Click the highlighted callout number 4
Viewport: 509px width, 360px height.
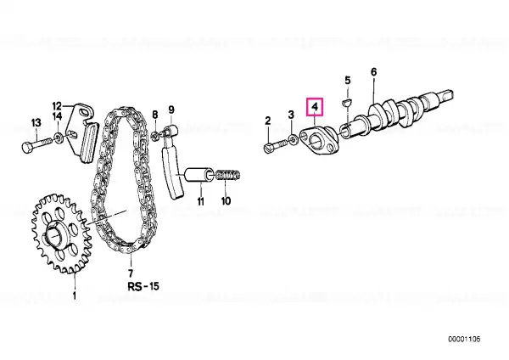tap(315, 107)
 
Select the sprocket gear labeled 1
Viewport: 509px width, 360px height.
tap(61, 233)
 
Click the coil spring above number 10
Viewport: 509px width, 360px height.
tap(228, 176)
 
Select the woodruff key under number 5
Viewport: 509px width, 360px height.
tap(347, 103)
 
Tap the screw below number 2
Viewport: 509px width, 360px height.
tap(276, 147)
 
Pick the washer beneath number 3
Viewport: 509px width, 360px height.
tap(294, 140)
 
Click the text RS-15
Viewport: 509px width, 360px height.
tap(143, 286)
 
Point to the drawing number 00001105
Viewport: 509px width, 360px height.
tap(464, 340)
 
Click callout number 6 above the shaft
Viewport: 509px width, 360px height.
tap(373, 72)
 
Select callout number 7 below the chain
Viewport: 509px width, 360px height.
tap(130, 273)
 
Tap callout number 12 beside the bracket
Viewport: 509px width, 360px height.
tap(57, 106)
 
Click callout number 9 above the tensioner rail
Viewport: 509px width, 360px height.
tap(171, 110)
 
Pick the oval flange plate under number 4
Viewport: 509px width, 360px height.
tap(320, 140)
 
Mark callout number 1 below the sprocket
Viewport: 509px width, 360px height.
tap(75, 296)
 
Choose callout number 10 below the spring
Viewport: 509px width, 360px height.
tap(226, 200)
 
